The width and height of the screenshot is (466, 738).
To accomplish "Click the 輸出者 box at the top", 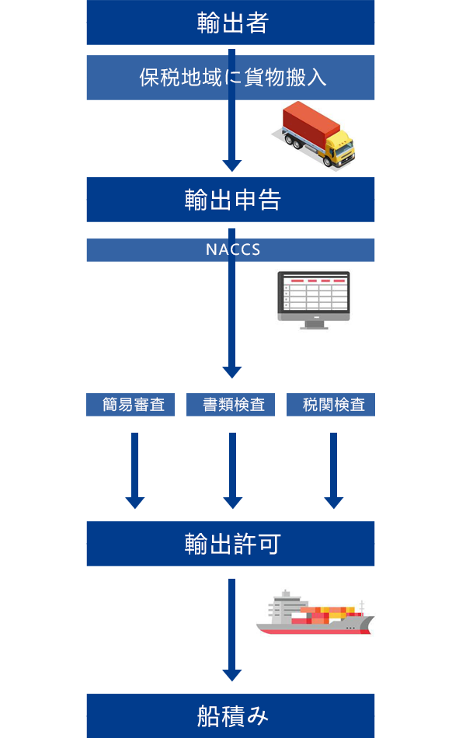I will [231, 23].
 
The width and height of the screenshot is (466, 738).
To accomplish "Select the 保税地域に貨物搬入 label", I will [231, 78].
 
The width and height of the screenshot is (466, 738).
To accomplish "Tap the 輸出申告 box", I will [231, 200].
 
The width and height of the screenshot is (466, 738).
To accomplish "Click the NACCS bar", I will [231, 250].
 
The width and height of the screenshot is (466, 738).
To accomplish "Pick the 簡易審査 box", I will [130, 405].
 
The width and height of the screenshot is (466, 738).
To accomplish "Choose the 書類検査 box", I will [231, 405].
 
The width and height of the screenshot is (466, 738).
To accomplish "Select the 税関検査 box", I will [331, 405].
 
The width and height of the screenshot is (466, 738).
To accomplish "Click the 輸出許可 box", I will [231, 544].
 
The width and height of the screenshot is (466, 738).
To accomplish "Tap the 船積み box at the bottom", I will [231, 715].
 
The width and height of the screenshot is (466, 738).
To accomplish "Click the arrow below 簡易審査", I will [135, 470].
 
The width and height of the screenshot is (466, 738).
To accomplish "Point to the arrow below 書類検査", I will [232, 470].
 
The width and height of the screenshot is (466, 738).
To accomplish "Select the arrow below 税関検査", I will [333, 470].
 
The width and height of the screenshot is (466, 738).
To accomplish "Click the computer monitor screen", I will [314, 294].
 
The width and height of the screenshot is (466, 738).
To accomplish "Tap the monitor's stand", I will [314, 323].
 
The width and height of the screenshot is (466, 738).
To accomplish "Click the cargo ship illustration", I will [315, 614].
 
